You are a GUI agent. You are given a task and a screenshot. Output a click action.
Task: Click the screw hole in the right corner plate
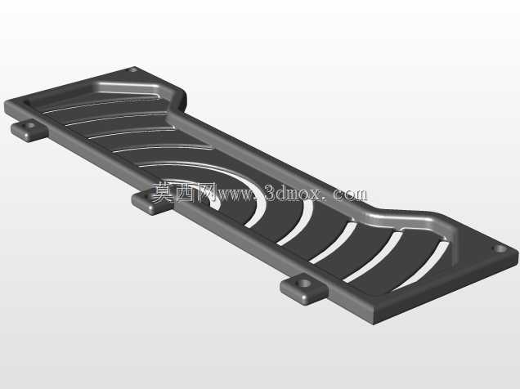(500, 248)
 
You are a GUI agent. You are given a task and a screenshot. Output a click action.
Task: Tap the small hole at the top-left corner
(132, 69)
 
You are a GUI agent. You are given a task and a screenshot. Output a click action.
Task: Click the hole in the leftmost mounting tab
(30, 126)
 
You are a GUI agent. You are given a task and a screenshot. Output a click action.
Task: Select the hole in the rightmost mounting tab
(305, 284)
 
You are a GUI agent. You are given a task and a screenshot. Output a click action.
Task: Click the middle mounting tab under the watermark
(151, 202)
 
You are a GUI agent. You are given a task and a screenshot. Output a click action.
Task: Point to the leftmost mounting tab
(29, 130)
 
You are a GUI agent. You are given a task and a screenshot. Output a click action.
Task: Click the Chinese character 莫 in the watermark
(164, 192)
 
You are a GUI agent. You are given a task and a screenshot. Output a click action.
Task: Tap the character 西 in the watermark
(186, 192)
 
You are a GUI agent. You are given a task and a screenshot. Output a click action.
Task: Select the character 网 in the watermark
(207, 192)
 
